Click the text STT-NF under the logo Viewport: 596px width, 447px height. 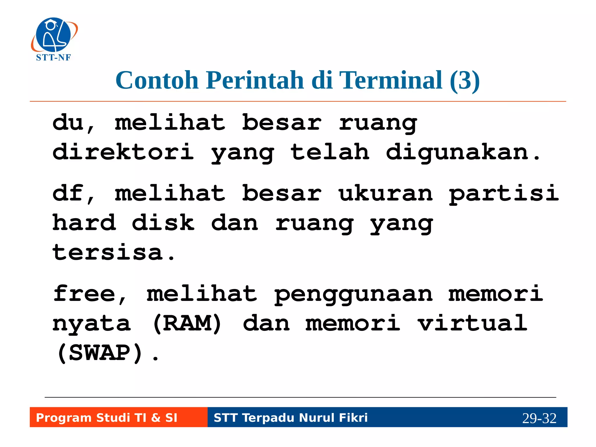pos(53,58)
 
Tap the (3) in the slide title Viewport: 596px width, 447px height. pos(464,80)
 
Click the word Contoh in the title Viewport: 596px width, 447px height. pos(157,80)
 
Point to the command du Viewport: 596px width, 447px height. pos(68,123)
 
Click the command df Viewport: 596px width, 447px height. pos(68,193)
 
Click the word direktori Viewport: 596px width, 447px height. pos(123,152)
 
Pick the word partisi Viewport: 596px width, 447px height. pos(503,194)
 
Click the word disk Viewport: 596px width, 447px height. pos(163,223)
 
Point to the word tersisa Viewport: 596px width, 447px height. pos(108,253)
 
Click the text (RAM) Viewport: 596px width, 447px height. pos(187,324)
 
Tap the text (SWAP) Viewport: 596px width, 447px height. pos(100,353)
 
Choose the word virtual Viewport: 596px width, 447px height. pos(472,323)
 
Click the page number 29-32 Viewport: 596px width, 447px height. pos(539,418)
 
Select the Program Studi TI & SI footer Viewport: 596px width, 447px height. pos(107,418)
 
